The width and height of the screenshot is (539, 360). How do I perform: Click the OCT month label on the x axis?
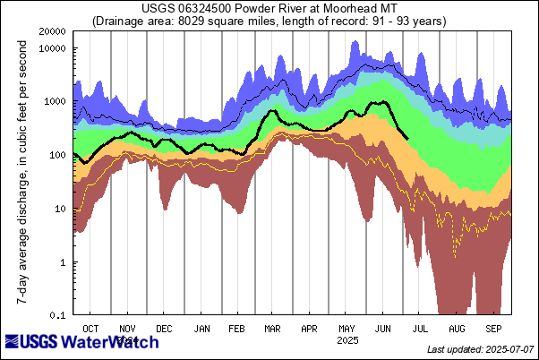point(91,329)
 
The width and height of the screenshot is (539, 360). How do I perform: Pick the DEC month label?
point(165,329)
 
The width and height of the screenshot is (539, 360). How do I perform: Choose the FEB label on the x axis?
point(237,329)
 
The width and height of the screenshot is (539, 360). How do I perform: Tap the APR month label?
point(310,329)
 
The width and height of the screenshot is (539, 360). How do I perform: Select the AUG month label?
point(457,329)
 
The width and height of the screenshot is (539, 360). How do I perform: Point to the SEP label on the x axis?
point(493,329)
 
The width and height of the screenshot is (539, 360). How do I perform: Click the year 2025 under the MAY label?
point(346,340)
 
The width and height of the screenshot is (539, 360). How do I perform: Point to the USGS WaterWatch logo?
point(82,341)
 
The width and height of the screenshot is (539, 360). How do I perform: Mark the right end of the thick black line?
point(409,138)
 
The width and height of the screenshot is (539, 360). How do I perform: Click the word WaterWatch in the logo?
point(115,341)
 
